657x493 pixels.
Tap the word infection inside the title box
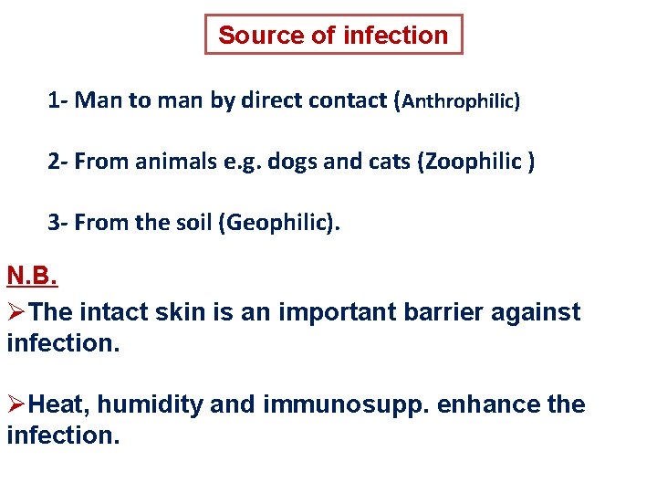tap(395, 36)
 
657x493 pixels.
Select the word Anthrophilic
tap(459, 101)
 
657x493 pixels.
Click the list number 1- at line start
tap(58, 100)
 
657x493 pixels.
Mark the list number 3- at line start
tap(58, 224)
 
